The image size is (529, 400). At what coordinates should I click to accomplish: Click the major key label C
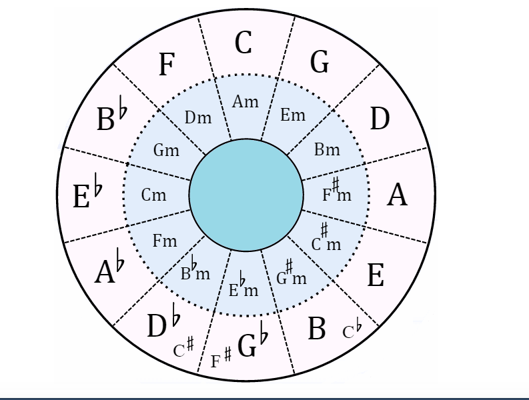pyautogui.click(x=243, y=43)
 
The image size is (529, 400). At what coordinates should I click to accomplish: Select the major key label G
pyautogui.click(x=320, y=62)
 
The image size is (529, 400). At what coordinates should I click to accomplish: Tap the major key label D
pyautogui.click(x=380, y=119)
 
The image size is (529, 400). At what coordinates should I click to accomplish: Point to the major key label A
pyautogui.click(x=398, y=195)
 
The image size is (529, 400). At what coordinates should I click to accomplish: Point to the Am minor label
pyautogui.click(x=245, y=102)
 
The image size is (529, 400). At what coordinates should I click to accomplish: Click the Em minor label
pyautogui.click(x=292, y=115)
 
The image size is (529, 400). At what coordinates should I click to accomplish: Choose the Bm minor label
pyautogui.click(x=327, y=149)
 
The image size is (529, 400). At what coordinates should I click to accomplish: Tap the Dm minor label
pyautogui.click(x=198, y=118)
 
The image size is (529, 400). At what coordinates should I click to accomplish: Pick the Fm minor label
pyautogui.click(x=164, y=241)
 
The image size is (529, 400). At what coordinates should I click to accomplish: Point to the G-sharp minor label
pyautogui.click(x=292, y=275)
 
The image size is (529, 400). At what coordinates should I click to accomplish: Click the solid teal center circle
pyautogui.click(x=246, y=195)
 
